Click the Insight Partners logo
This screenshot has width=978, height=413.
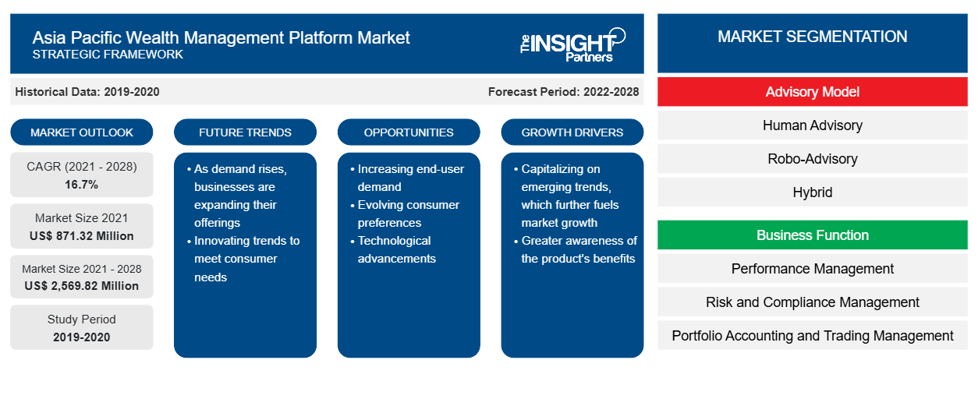click(x=572, y=45)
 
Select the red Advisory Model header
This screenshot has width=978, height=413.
click(x=812, y=92)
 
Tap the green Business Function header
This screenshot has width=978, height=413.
click(x=812, y=235)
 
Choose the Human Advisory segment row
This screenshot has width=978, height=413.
click(x=812, y=125)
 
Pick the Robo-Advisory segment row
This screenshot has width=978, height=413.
click(x=812, y=159)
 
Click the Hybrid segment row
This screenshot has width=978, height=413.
click(x=812, y=192)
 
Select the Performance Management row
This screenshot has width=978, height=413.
click(x=812, y=269)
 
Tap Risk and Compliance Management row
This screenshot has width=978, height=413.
click(x=812, y=302)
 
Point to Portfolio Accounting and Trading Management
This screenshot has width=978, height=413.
click(x=812, y=336)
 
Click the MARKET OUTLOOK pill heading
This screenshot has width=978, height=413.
click(x=82, y=132)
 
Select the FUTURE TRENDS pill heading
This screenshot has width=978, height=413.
click(x=245, y=132)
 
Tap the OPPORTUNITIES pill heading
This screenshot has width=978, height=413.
click(x=409, y=132)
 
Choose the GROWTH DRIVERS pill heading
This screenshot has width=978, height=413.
click(x=572, y=132)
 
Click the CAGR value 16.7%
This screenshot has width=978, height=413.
click(x=82, y=185)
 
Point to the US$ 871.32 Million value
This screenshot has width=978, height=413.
click(x=82, y=236)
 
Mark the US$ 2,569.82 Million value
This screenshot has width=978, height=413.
click(x=82, y=286)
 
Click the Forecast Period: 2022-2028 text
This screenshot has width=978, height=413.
click(x=563, y=92)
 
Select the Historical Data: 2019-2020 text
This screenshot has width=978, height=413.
click(x=87, y=92)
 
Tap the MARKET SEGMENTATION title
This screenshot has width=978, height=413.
click(x=812, y=37)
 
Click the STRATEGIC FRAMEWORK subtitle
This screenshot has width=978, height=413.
click(x=108, y=55)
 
